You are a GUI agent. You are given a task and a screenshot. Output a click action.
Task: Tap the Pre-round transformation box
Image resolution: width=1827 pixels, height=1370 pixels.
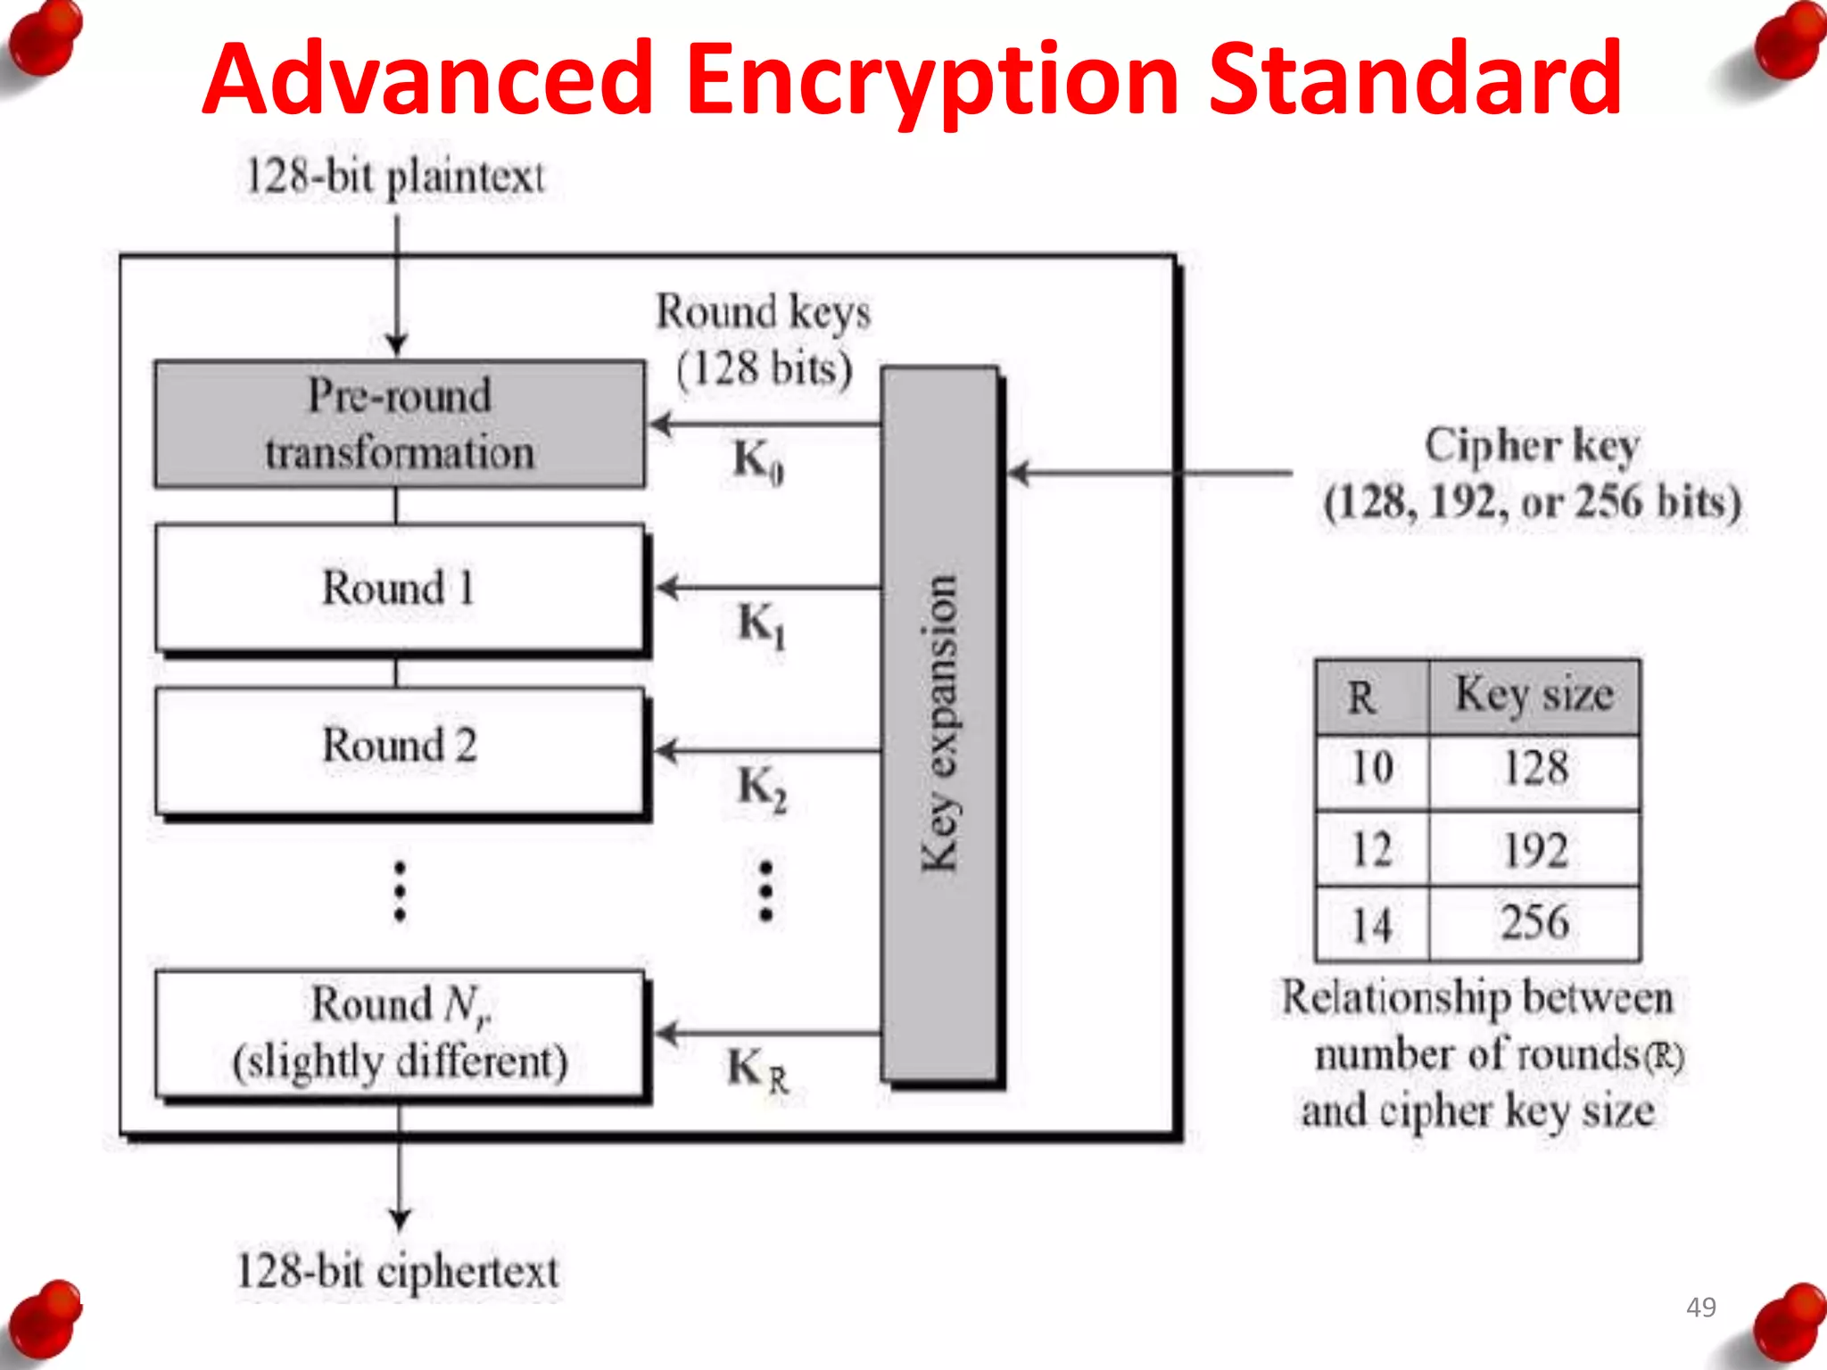[x=400, y=424]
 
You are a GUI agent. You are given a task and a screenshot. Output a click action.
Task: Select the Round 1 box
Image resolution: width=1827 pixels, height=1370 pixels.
[x=400, y=588]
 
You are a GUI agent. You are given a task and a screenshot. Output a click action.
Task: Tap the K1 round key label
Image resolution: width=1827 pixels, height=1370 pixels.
[x=761, y=623]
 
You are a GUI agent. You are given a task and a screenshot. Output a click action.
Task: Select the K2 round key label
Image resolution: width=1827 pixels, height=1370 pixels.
[x=761, y=788]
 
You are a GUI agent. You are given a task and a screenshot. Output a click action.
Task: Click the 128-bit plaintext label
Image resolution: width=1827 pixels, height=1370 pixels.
[x=394, y=177]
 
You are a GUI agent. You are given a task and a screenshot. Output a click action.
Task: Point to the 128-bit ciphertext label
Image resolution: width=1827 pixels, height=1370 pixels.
[x=398, y=1270]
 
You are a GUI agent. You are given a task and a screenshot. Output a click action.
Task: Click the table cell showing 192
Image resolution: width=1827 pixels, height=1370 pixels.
[x=1534, y=849]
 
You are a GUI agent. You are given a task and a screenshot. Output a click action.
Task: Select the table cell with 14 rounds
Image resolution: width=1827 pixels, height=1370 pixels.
[x=1372, y=925]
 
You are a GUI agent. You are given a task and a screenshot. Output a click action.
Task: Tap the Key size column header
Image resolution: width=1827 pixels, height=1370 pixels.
[x=1534, y=696]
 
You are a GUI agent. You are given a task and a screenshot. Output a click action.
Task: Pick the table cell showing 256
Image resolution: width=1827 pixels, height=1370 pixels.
[x=1534, y=923]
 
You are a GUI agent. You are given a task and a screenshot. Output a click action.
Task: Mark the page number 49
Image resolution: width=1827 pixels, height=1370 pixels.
[x=1700, y=1307]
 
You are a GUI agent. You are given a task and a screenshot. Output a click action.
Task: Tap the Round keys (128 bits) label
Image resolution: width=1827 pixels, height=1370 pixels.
[x=764, y=340]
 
